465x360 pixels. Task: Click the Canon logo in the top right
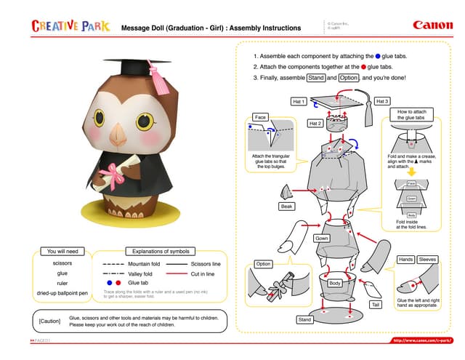click(432, 25)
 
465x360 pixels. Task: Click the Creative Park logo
click(70, 27)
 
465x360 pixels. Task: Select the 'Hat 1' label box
click(298, 101)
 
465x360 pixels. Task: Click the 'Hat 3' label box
click(383, 101)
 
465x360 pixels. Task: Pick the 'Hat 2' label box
click(315, 124)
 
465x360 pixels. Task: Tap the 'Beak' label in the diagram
click(287, 207)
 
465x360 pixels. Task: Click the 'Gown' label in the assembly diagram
click(322, 238)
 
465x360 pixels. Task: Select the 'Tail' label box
click(376, 305)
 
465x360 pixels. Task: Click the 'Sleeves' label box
click(427, 259)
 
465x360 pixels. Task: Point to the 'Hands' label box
click(405, 259)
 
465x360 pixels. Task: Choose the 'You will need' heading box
click(62, 251)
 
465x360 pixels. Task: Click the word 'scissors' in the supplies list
click(62, 263)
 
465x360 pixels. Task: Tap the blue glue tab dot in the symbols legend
click(109, 282)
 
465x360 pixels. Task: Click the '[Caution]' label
click(49, 321)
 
